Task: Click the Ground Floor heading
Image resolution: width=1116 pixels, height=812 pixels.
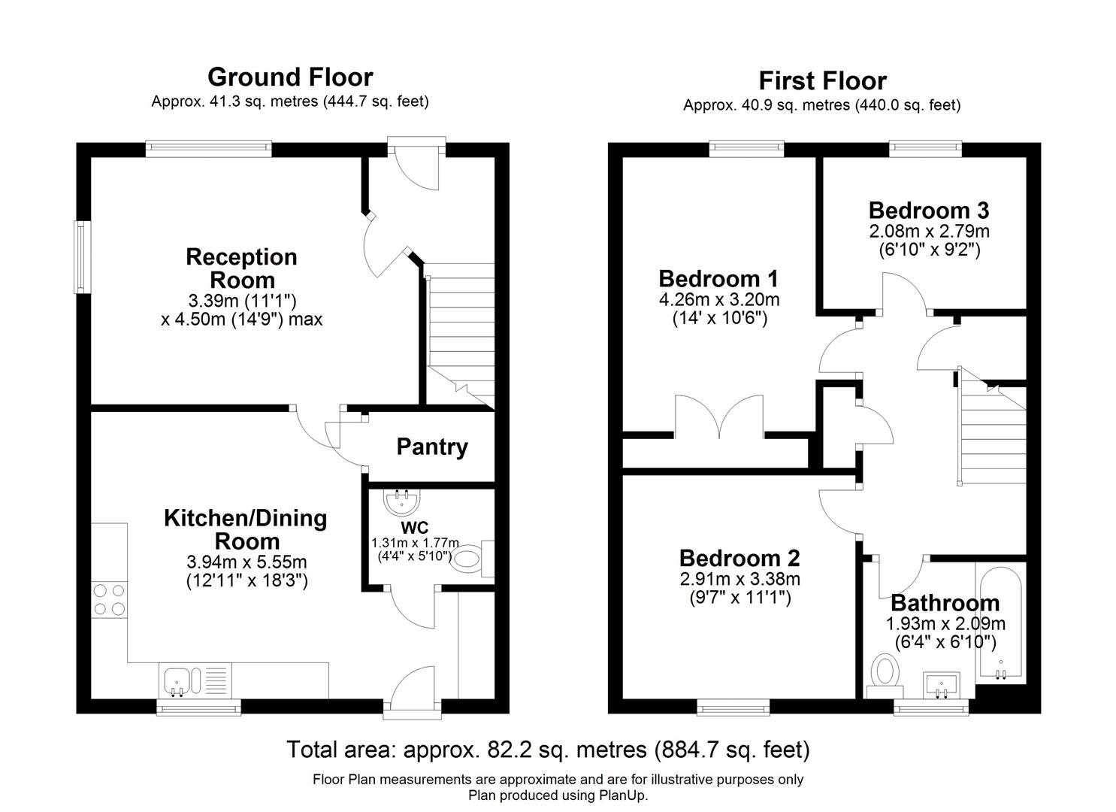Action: coord(290,77)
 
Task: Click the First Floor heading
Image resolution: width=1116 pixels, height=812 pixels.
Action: coord(822,80)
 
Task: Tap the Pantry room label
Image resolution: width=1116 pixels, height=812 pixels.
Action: coord(432,447)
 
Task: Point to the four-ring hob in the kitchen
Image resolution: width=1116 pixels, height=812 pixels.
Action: coord(108,600)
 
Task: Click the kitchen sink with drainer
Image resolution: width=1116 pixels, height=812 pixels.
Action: coord(194,681)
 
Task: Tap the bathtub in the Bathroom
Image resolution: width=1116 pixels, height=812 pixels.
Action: coord(1000,623)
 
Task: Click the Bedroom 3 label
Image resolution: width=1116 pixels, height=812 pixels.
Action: coord(928,210)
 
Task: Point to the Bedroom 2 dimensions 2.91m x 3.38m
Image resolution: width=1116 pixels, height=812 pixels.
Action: coord(739,580)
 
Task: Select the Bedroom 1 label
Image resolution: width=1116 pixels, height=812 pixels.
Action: coord(718,279)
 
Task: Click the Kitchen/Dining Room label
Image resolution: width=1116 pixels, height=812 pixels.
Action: coord(246,529)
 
